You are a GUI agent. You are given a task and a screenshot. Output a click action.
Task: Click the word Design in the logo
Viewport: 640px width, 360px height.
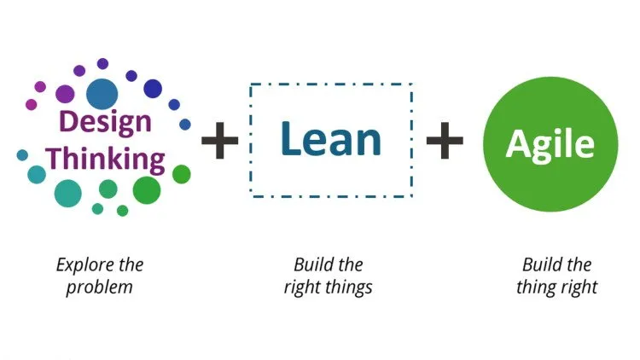tap(105, 122)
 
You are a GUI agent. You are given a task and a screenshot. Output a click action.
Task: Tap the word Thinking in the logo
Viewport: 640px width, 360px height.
tap(105, 160)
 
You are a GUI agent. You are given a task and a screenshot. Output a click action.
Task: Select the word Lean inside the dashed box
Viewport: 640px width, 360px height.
tap(331, 139)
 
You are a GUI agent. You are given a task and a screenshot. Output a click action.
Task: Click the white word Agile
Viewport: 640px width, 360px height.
tap(550, 145)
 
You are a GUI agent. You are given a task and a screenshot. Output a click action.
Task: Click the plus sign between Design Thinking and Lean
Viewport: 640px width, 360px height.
tap(219, 140)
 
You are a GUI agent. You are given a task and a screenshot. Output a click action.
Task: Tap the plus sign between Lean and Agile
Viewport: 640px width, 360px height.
tap(445, 140)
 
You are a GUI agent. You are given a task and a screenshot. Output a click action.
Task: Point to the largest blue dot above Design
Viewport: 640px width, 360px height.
tap(102, 95)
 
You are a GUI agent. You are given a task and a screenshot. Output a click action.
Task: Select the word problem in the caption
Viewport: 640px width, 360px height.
tap(100, 287)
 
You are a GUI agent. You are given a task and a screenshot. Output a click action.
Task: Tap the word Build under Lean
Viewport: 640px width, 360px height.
tap(311, 265)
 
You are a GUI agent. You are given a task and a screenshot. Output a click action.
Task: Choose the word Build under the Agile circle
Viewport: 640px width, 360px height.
tap(540, 265)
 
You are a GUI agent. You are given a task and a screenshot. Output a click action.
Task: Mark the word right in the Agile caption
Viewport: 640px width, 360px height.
tap(579, 287)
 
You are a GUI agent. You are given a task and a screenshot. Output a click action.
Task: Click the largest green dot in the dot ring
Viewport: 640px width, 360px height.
tap(147, 190)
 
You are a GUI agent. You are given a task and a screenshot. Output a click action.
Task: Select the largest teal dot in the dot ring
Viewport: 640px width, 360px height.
tap(67, 193)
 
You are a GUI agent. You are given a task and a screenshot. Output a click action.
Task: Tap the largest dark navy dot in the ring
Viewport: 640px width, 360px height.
tap(153, 89)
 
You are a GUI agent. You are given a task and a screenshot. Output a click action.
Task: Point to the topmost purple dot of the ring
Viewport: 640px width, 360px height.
tap(103, 64)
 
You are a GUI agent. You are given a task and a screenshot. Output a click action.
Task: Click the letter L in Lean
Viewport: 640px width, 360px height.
tap(290, 138)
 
